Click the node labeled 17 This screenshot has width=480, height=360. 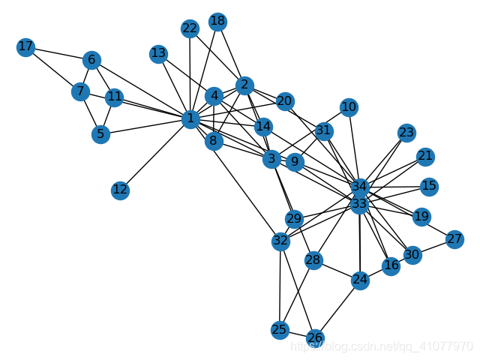click(25, 48)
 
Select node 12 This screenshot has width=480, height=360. click(121, 190)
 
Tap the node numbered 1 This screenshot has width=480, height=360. click(190, 118)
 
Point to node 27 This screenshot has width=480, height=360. click(454, 239)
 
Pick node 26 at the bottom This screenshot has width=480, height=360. click(316, 337)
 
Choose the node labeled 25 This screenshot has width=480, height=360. click(280, 330)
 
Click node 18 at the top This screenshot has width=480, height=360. click(218, 21)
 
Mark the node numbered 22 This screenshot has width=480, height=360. click(190, 28)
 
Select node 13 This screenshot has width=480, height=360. click(158, 53)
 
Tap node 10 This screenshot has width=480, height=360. click(349, 107)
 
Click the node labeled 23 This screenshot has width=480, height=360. click(406, 133)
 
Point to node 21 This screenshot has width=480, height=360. click(426, 157)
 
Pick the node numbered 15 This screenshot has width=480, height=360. click(429, 185)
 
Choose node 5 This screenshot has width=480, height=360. click(100, 135)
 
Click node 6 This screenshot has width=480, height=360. click(92, 59)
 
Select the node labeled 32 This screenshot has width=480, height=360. click(280, 241)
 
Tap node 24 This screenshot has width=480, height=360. click(360, 280)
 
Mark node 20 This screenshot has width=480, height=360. click(284, 101)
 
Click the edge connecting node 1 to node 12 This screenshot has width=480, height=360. click(155, 154)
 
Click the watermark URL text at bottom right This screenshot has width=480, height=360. click(382, 346)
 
